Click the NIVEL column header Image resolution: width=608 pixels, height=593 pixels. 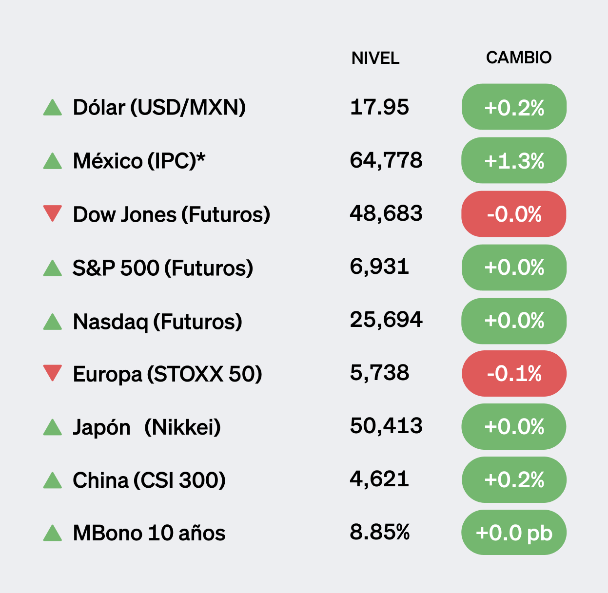(x=375, y=58)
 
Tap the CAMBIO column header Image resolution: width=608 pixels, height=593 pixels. (x=518, y=57)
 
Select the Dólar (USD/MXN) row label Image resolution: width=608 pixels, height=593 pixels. (x=159, y=107)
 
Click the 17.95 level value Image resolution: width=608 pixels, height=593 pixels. (x=379, y=107)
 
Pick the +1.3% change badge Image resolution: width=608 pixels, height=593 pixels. (x=514, y=160)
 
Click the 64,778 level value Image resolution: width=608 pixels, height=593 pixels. (x=386, y=160)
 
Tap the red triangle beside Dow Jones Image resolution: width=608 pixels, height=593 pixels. (x=52, y=213)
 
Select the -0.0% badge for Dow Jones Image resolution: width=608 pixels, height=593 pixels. (x=514, y=214)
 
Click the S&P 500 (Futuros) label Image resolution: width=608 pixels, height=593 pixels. (x=162, y=268)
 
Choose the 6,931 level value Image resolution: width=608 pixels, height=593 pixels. (x=379, y=267)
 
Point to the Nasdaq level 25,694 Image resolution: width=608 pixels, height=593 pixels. (x=386, y=320)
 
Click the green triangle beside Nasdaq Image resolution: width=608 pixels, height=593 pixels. (x=52, y=322)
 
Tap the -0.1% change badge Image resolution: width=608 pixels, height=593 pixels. (x=514, y=374)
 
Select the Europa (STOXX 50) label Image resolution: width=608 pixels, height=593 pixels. (x=167, y=374)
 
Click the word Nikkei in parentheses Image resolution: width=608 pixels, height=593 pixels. (x=183, y=427)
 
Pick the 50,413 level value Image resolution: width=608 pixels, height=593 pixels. (x=386, y=426)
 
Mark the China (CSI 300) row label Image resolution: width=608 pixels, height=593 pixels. (x=149, y=480)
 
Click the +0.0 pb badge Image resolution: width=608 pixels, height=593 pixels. (x=513, y=533)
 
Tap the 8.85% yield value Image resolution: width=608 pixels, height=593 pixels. (x=379, y=532)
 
